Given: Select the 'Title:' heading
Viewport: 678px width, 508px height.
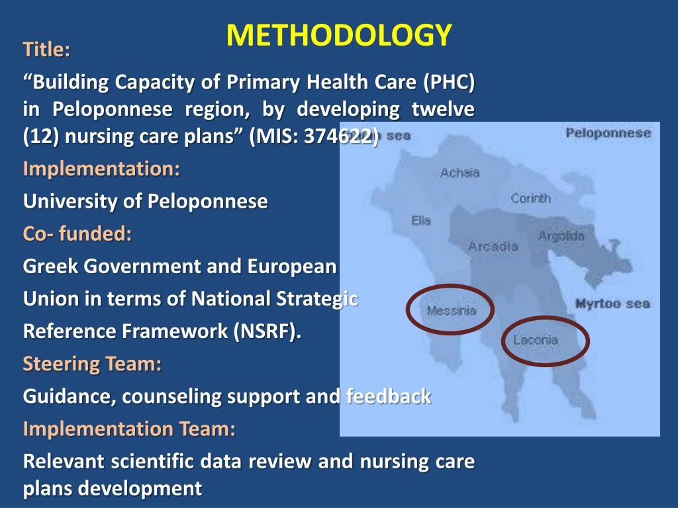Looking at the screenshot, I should tap(46, 50).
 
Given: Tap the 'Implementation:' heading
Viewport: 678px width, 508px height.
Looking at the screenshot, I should tap(101, 169).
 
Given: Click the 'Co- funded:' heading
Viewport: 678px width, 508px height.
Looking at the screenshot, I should tap(77, 233).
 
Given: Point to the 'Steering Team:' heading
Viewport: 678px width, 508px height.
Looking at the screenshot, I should tap(92, 364).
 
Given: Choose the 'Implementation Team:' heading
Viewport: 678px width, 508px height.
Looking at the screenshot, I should tap(129, 429).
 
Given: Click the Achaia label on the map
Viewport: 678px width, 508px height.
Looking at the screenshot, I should tap(460, 173).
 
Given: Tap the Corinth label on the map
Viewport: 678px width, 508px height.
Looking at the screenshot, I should tap(530, 198).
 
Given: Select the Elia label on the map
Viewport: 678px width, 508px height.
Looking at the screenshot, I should tap(421, 220).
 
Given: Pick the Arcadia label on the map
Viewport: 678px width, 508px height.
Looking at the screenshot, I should tap(493, 246).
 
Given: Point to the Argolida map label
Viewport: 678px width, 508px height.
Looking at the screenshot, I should tap(561, 236).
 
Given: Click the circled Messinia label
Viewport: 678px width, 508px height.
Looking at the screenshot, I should tap(451, 310).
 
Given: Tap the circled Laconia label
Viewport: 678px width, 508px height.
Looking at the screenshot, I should tap(536, 341).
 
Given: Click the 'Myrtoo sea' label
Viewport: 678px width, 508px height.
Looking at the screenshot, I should tap(612, 304).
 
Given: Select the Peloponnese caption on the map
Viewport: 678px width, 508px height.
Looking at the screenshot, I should tap(608, 133).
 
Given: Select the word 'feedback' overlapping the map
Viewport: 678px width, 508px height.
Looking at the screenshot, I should tap(389, 396).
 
